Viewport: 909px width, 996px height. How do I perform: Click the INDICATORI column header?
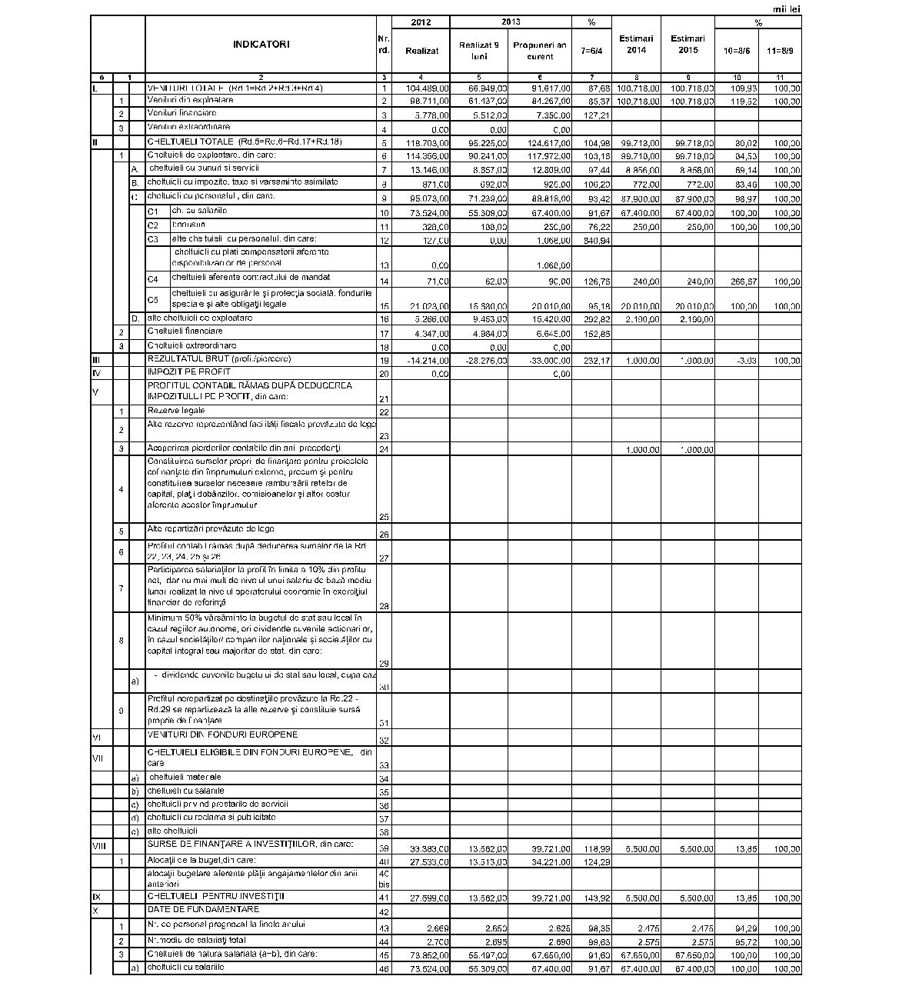[261, 45]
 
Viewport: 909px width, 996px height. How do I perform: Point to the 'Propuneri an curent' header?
[539, 51]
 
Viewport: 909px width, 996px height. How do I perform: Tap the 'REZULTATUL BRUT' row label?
[219, 359]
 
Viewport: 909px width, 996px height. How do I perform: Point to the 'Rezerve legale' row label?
[176, 411]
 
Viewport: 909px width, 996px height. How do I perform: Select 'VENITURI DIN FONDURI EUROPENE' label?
[222, 735]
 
